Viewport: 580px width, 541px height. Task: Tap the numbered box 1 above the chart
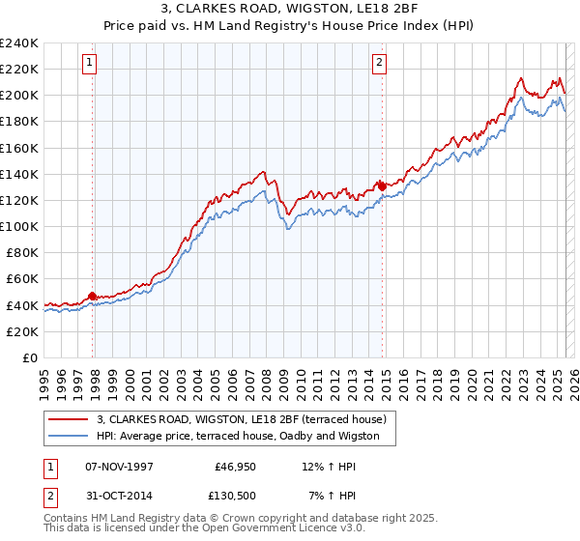[89, 64]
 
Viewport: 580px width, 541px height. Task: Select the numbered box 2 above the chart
[380, 64]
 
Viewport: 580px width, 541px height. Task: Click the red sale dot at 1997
[93, 296]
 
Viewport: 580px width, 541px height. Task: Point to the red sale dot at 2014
[383, 185]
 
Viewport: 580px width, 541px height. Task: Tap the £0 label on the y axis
[29, 357]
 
